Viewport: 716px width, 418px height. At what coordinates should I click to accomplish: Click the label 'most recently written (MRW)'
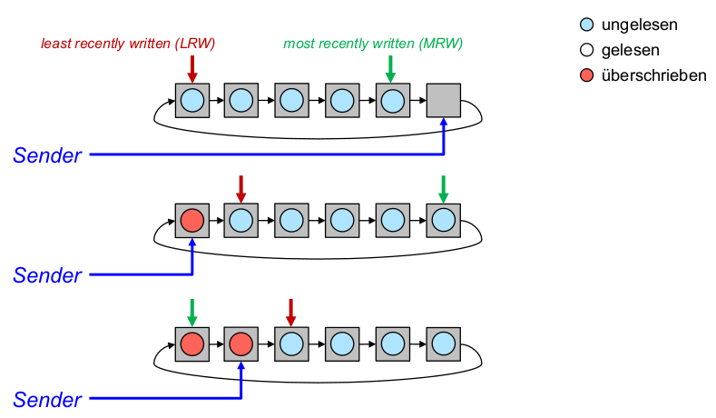click(x=373, y=44)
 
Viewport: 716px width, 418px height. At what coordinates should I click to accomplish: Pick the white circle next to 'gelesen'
click(x=585, y=51)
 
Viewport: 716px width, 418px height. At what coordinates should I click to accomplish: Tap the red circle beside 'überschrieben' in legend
click(x=585, y=75)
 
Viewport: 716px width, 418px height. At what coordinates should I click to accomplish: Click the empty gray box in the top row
click(x=443, y=100)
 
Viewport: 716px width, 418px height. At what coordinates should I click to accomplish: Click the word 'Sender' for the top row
click(x=47, y=155)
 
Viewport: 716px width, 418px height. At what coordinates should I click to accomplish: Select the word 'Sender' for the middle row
click(x=47, y=274)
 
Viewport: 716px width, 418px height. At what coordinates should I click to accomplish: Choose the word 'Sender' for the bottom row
click(x=47, y=398)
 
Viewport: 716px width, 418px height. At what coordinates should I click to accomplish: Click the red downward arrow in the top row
click(x=191, y=67)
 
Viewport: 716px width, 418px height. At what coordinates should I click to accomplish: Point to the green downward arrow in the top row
click(x=391, y=67)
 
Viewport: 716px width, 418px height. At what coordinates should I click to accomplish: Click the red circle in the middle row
click(x=191, y=220)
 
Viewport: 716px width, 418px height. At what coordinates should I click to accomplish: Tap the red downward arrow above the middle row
click(x=240, y=188)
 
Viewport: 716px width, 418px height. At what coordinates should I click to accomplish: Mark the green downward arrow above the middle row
click(x=443, y=188)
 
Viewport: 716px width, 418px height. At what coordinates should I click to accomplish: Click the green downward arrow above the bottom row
click(x=191, y=312)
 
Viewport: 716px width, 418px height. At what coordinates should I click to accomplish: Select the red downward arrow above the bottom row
click(x=290, y=312)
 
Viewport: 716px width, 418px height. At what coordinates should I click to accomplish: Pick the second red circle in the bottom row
click(x=240, y=344)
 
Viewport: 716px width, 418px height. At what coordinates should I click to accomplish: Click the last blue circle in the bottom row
click(x=443, y=344)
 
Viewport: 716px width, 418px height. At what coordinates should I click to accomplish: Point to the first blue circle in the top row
click(x=191, y=100)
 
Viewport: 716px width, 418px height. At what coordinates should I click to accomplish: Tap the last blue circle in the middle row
click(x=443, y=220)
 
